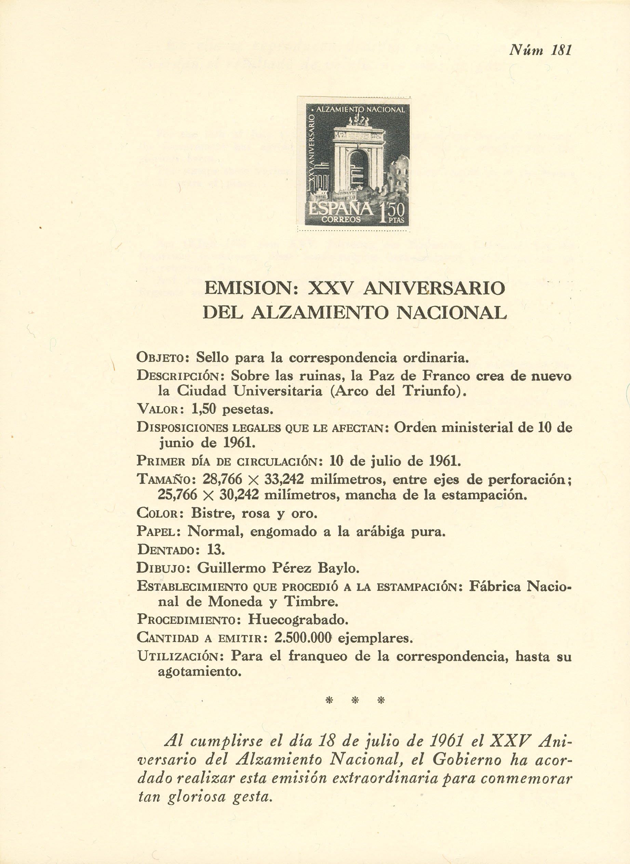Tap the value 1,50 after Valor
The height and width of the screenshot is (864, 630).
204,409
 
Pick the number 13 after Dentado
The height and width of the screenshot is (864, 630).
215,550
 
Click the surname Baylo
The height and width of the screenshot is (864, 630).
338,568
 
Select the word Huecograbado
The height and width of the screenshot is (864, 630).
298,619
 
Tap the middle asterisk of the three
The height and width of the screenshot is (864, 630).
355,700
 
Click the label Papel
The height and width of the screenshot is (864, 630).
158,531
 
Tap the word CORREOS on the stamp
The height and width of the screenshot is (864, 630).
340,220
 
